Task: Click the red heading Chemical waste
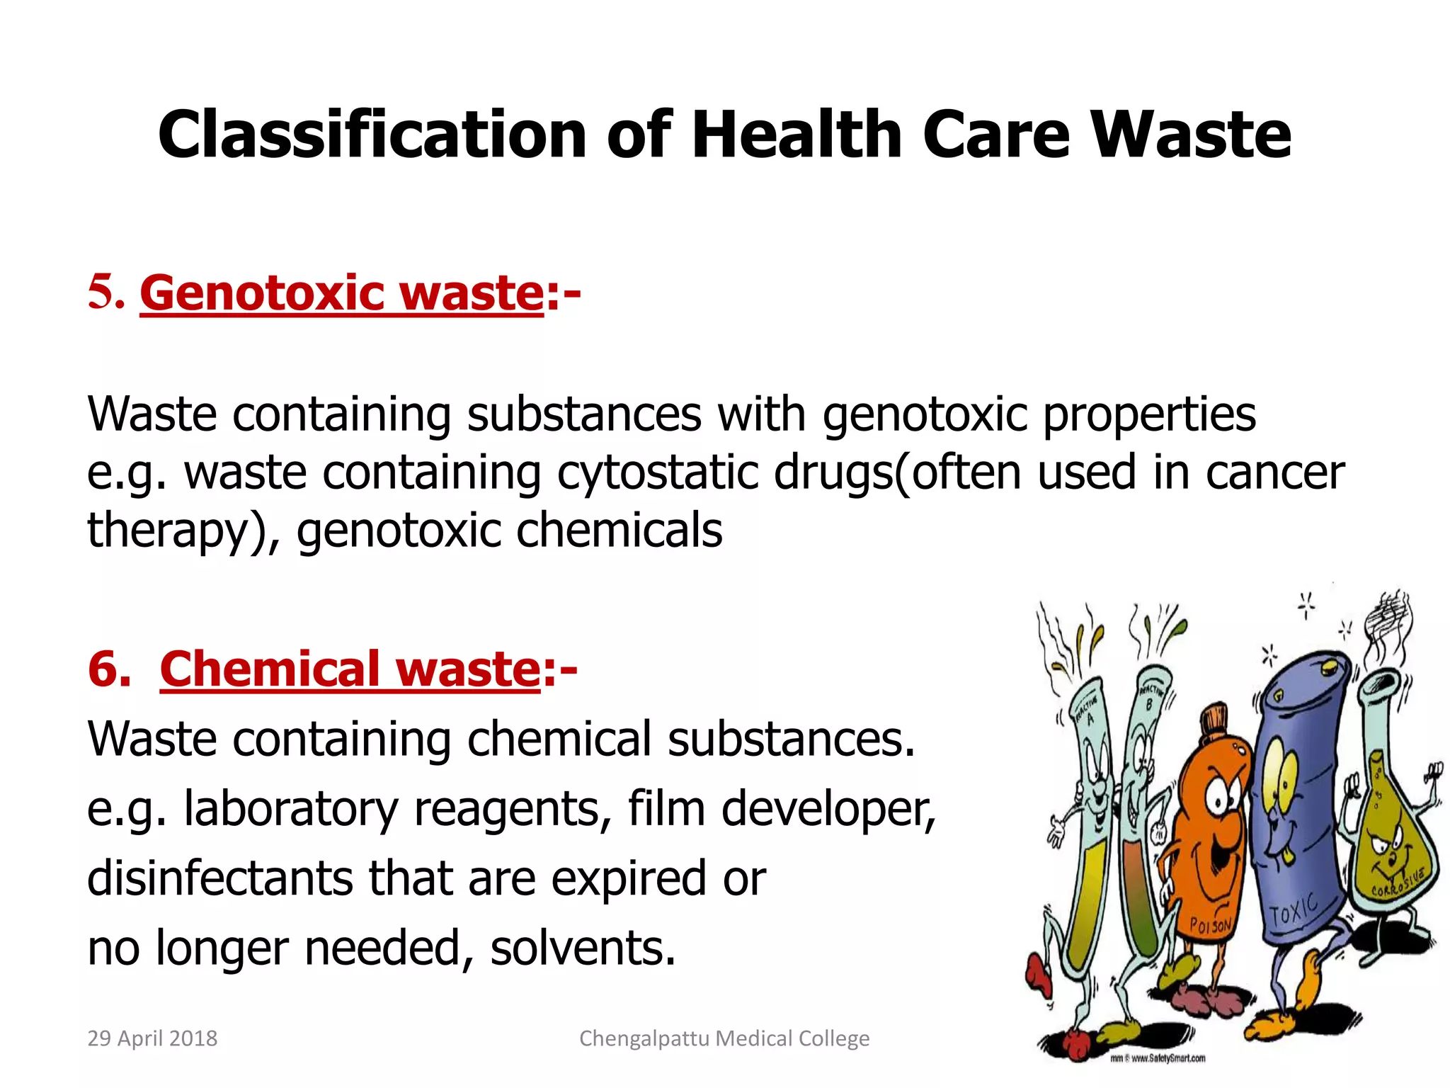(350, 669)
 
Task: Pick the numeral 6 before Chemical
(108, 669)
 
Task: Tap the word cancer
(1274, 472)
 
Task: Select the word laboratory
(290, 809)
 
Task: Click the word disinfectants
(219, 878)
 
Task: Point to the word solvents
(582, 948)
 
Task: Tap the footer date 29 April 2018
(152, 1038)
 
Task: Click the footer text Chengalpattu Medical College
(724, 1038)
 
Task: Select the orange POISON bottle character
(1211, 843)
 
